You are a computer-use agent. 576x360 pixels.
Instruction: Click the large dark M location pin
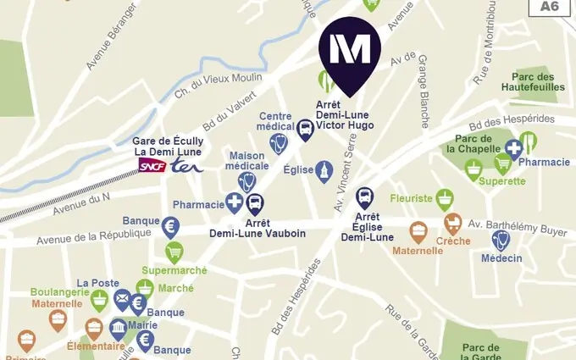pyautogui.click(x=349, y=53)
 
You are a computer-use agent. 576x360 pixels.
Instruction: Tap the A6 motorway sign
pyautogui.click(x=550, y=7)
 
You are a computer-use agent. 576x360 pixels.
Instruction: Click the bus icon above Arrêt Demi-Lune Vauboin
pyautogui.click(x=255, y=203)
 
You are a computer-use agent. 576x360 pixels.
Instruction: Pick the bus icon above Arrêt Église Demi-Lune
pyautogui.click(x=364, y=198)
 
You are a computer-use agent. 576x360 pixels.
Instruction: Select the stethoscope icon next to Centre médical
pyautogui.click(x=279, y=143)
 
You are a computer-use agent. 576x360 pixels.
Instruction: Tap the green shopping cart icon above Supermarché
pyautogui.click(x=174, y=252)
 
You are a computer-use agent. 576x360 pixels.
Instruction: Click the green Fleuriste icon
pyautogui.click(x=445, y=199)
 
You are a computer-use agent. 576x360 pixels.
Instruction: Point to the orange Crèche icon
pyautogui.click(x=454, y=224)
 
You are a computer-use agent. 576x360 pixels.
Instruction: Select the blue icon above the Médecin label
pyautogui.click(x=501, y=241)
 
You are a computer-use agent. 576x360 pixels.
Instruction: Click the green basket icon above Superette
pyautogui.click(x=474, y=170)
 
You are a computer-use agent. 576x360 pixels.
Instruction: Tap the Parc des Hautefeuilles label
pyautogui.click(x=532, y=81)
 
